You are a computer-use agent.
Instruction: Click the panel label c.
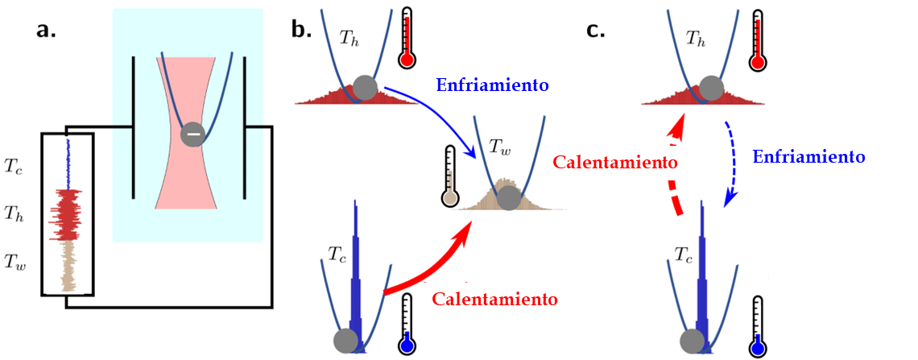click(x=596, y=31)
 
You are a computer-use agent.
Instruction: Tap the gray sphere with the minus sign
click(x=192, y=134)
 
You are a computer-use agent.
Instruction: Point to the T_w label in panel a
click(x=16, y=260)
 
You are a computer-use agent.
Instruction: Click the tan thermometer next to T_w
click(x=449, y=177)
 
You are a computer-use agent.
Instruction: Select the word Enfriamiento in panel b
click(x=492, y=84)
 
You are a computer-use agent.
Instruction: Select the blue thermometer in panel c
click(x=758, y=326)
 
